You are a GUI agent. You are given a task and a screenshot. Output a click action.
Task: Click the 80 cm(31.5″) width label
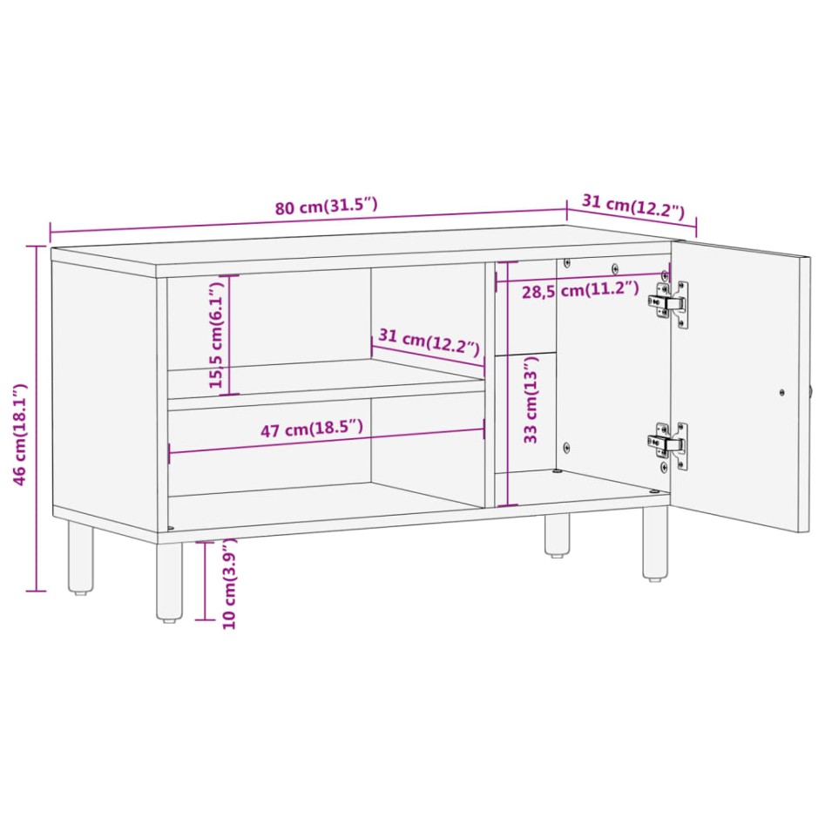click(x=326, y=207)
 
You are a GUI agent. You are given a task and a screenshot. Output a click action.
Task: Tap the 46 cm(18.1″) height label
click(x=22, y=434)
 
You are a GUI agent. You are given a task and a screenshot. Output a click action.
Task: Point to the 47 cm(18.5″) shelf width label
click(x=311, y=429)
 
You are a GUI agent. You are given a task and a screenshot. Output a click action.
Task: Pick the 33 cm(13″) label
click(x=531, y=400)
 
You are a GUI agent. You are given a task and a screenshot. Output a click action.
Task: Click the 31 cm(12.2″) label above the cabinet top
click(x=633, y=207)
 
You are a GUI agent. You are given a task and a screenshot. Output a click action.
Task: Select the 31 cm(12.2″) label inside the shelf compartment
click(x=428, y=341)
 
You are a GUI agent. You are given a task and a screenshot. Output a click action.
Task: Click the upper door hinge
click(x=668, y=303)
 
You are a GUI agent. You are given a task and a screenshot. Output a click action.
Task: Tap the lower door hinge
click(x=668, y=443)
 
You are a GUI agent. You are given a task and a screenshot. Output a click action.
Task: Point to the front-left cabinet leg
click(x=169, y=580)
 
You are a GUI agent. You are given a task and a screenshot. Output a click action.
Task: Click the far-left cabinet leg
click(x=81, y=558)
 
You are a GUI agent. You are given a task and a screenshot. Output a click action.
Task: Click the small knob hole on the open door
click(x=781, y=392)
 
